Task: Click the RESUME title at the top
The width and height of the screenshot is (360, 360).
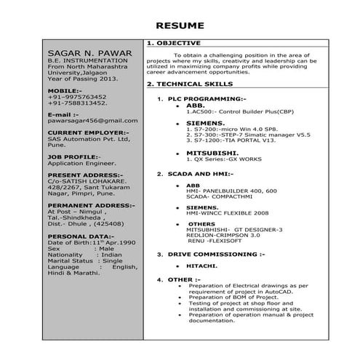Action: [x=180, y=26]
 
